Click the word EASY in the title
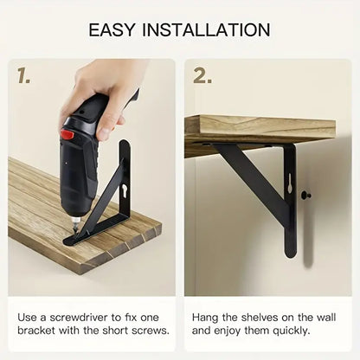coord(112,29)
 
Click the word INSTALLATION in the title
coord(206,29)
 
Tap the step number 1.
coord(23,76)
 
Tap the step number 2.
coord(202,76)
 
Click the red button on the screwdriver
coord(67,134)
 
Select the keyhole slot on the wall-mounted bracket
coord(289,183)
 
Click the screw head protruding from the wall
coord(305,196)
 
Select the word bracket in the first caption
coord(36,331)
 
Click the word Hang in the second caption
coord(205,318)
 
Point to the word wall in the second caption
coord(326,318)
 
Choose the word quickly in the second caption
coord(292,331)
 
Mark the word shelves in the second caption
coord(260,318)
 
